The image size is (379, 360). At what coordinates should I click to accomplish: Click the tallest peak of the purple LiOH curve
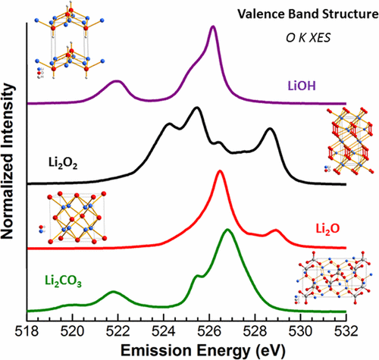[x=213, y=27]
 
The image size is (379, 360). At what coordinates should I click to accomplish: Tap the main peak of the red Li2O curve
[x=220, y=171]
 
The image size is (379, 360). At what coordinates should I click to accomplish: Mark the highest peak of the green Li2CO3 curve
[x=227, y=230]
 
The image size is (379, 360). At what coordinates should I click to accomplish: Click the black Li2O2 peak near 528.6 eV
[x=269, y=130]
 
